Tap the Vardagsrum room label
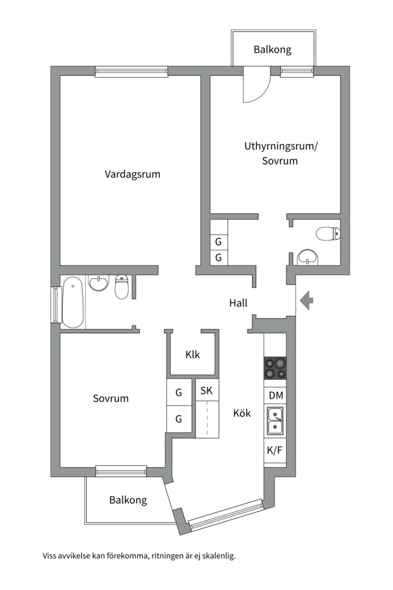(x=133, y=174)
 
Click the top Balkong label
(x=272, y=49)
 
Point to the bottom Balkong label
(x=128, y=499)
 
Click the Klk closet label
(x=192, y=354)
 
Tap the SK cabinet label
(x=206, y=391)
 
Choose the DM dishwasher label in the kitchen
(x=275, y=395)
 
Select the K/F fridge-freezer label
(x=275, y=451)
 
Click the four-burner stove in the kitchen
(x=275, y=368)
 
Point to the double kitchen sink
(x=275, y=421)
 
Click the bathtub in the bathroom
(x=73, y=302)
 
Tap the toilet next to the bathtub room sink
(x=122, y=287)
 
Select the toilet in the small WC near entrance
(x=327, y=234)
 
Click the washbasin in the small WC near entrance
(x=308, y=257)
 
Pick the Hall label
(x=239, y=303)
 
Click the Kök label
(x=242, y=413)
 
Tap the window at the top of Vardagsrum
(x=131, y=71)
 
